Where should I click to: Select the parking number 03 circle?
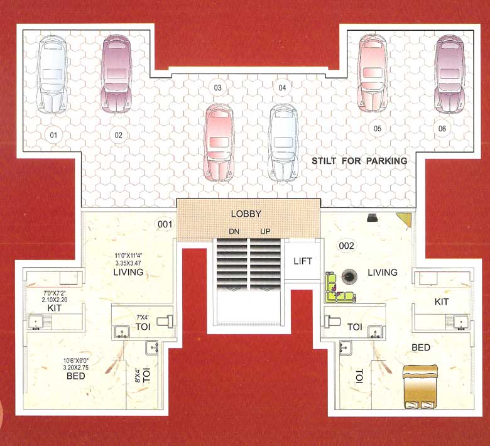[218, 88]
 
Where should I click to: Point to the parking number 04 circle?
[282, 88]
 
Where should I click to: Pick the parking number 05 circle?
[378, 129]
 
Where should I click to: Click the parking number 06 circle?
[443, 129]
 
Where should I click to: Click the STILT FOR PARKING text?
[359, 161]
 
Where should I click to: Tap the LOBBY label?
[246, 214]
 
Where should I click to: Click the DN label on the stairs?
[234, 232]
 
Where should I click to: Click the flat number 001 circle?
[165, 224]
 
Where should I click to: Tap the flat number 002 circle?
[347, 246]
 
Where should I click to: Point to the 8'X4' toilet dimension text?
[136, 376]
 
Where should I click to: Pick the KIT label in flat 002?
[442, 302]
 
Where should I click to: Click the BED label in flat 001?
[75, 376]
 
